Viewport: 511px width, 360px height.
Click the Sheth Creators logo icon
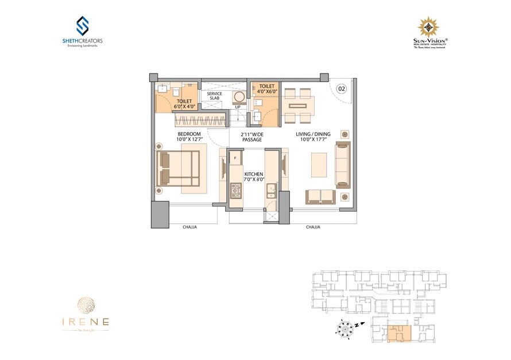(83, 26)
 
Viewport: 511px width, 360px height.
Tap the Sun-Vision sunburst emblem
(428, 28)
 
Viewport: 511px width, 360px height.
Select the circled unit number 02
(341, 88)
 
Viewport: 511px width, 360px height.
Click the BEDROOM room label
(188, 134)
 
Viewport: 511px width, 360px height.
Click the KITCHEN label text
(253, 173)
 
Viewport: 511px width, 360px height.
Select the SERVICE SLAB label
(214, 96)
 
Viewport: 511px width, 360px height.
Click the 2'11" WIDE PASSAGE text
(251, 137)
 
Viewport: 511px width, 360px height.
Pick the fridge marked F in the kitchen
(235, 157)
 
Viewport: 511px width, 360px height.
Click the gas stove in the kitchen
(235, 190)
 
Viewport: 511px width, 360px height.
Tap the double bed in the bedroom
(178, 168)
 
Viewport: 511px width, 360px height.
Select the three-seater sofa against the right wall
(343, 165)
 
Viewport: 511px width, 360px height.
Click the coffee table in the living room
(319, 164)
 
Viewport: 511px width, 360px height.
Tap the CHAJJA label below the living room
(313, 227)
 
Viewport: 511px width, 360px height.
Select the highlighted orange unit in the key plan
(398, 332)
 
